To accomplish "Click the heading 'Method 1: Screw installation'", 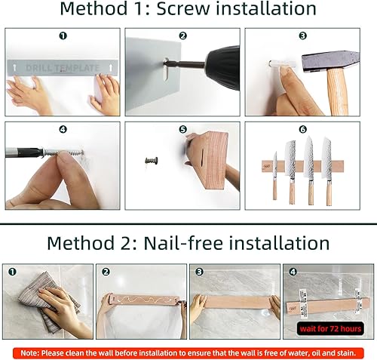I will pyautogui.click(x=188, y=11).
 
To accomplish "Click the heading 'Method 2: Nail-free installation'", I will pyautogui.click(x=188, y=243).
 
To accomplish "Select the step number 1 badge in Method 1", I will pyautogui.click(x=63, y=35).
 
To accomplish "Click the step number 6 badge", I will pyautogui.click(x=303, y=130).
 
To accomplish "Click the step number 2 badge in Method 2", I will pyautogui.click(x=106, y=271).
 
